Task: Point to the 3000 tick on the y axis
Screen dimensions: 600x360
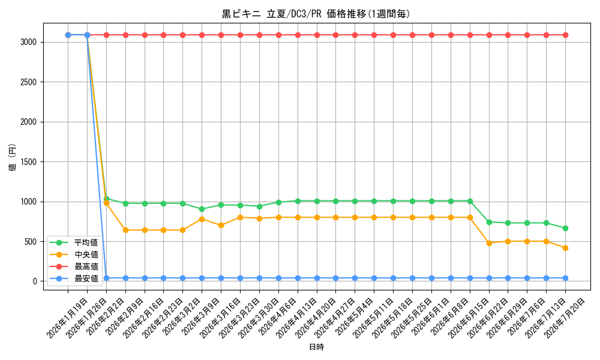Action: pyautogui.click(x=29, y=42)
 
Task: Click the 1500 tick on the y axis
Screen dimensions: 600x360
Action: pyautogui.click(x=29, y=162)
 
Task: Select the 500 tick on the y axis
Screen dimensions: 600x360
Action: pyautogui.click(x=31, y=242)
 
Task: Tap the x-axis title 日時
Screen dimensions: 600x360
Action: pyautogui.click(x=316, y=347)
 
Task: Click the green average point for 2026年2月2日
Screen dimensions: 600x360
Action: pyautogui.click(x=106, y=199)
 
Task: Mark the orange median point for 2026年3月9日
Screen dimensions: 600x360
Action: pyautogui.click(x=202, y=219)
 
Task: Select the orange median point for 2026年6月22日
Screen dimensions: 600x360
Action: pyautogui.click(x=489, y=243)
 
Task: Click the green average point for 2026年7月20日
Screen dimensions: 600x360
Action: pyautogui.click(x=565, y=228)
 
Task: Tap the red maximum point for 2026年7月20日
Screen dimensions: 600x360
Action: pyautogui.click(x=565, y=35)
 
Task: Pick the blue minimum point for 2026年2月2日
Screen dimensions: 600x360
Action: pyautogui.click(x=106, y=278)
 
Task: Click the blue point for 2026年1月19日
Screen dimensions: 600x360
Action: pyautogui.click(x=68, y=35)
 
